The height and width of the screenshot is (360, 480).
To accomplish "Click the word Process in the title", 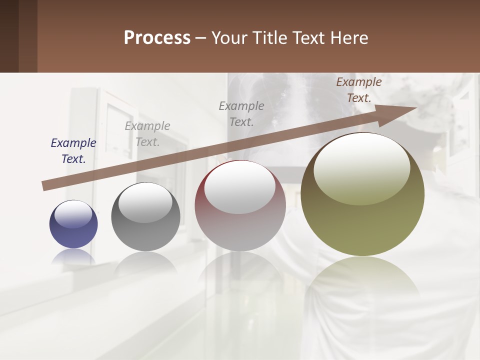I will [157, 38].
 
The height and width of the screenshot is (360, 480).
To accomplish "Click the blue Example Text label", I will [73, 151].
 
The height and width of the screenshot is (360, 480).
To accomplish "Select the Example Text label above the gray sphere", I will [147, 134].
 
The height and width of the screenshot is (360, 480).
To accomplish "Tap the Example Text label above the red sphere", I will [241, 113].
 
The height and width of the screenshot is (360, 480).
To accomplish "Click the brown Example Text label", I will [359, 90].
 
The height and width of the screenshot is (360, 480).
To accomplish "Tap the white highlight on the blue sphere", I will [73, 214].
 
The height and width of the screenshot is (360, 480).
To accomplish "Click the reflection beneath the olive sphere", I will [362, 277].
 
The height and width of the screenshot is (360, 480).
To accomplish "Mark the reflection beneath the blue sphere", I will [73, 256].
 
